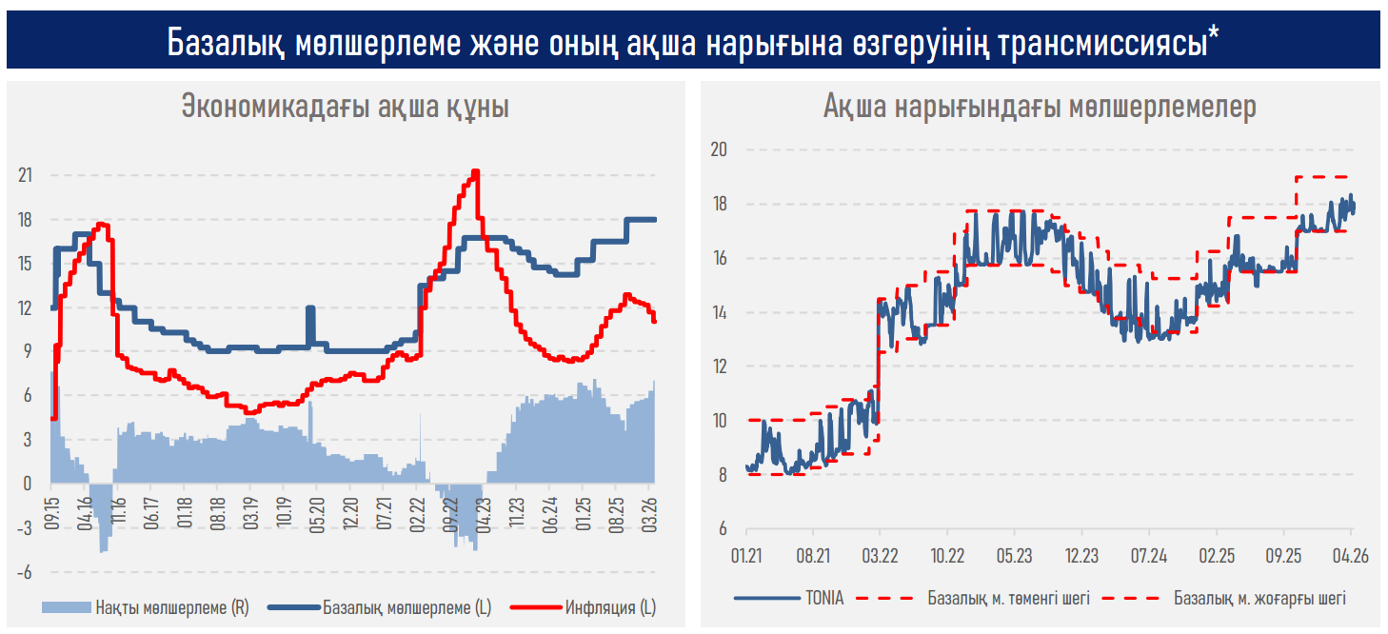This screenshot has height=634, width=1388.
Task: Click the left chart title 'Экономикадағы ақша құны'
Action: pos(345,107)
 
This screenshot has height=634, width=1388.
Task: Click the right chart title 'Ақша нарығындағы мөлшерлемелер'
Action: pos(1040,107)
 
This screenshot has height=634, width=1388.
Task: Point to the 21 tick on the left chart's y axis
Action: pos(26,175)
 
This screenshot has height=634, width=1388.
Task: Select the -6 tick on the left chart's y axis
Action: pos(26,572)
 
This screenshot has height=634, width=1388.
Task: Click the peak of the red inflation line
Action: pos(476,171)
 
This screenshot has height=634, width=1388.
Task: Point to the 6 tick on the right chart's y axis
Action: pos(723,528)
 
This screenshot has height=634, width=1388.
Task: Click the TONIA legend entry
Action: pos(823,599)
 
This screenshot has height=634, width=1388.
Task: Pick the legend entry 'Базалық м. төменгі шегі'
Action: pos(1008,599)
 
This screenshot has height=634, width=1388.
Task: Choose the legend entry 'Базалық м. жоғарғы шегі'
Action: pos(1259,599)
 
